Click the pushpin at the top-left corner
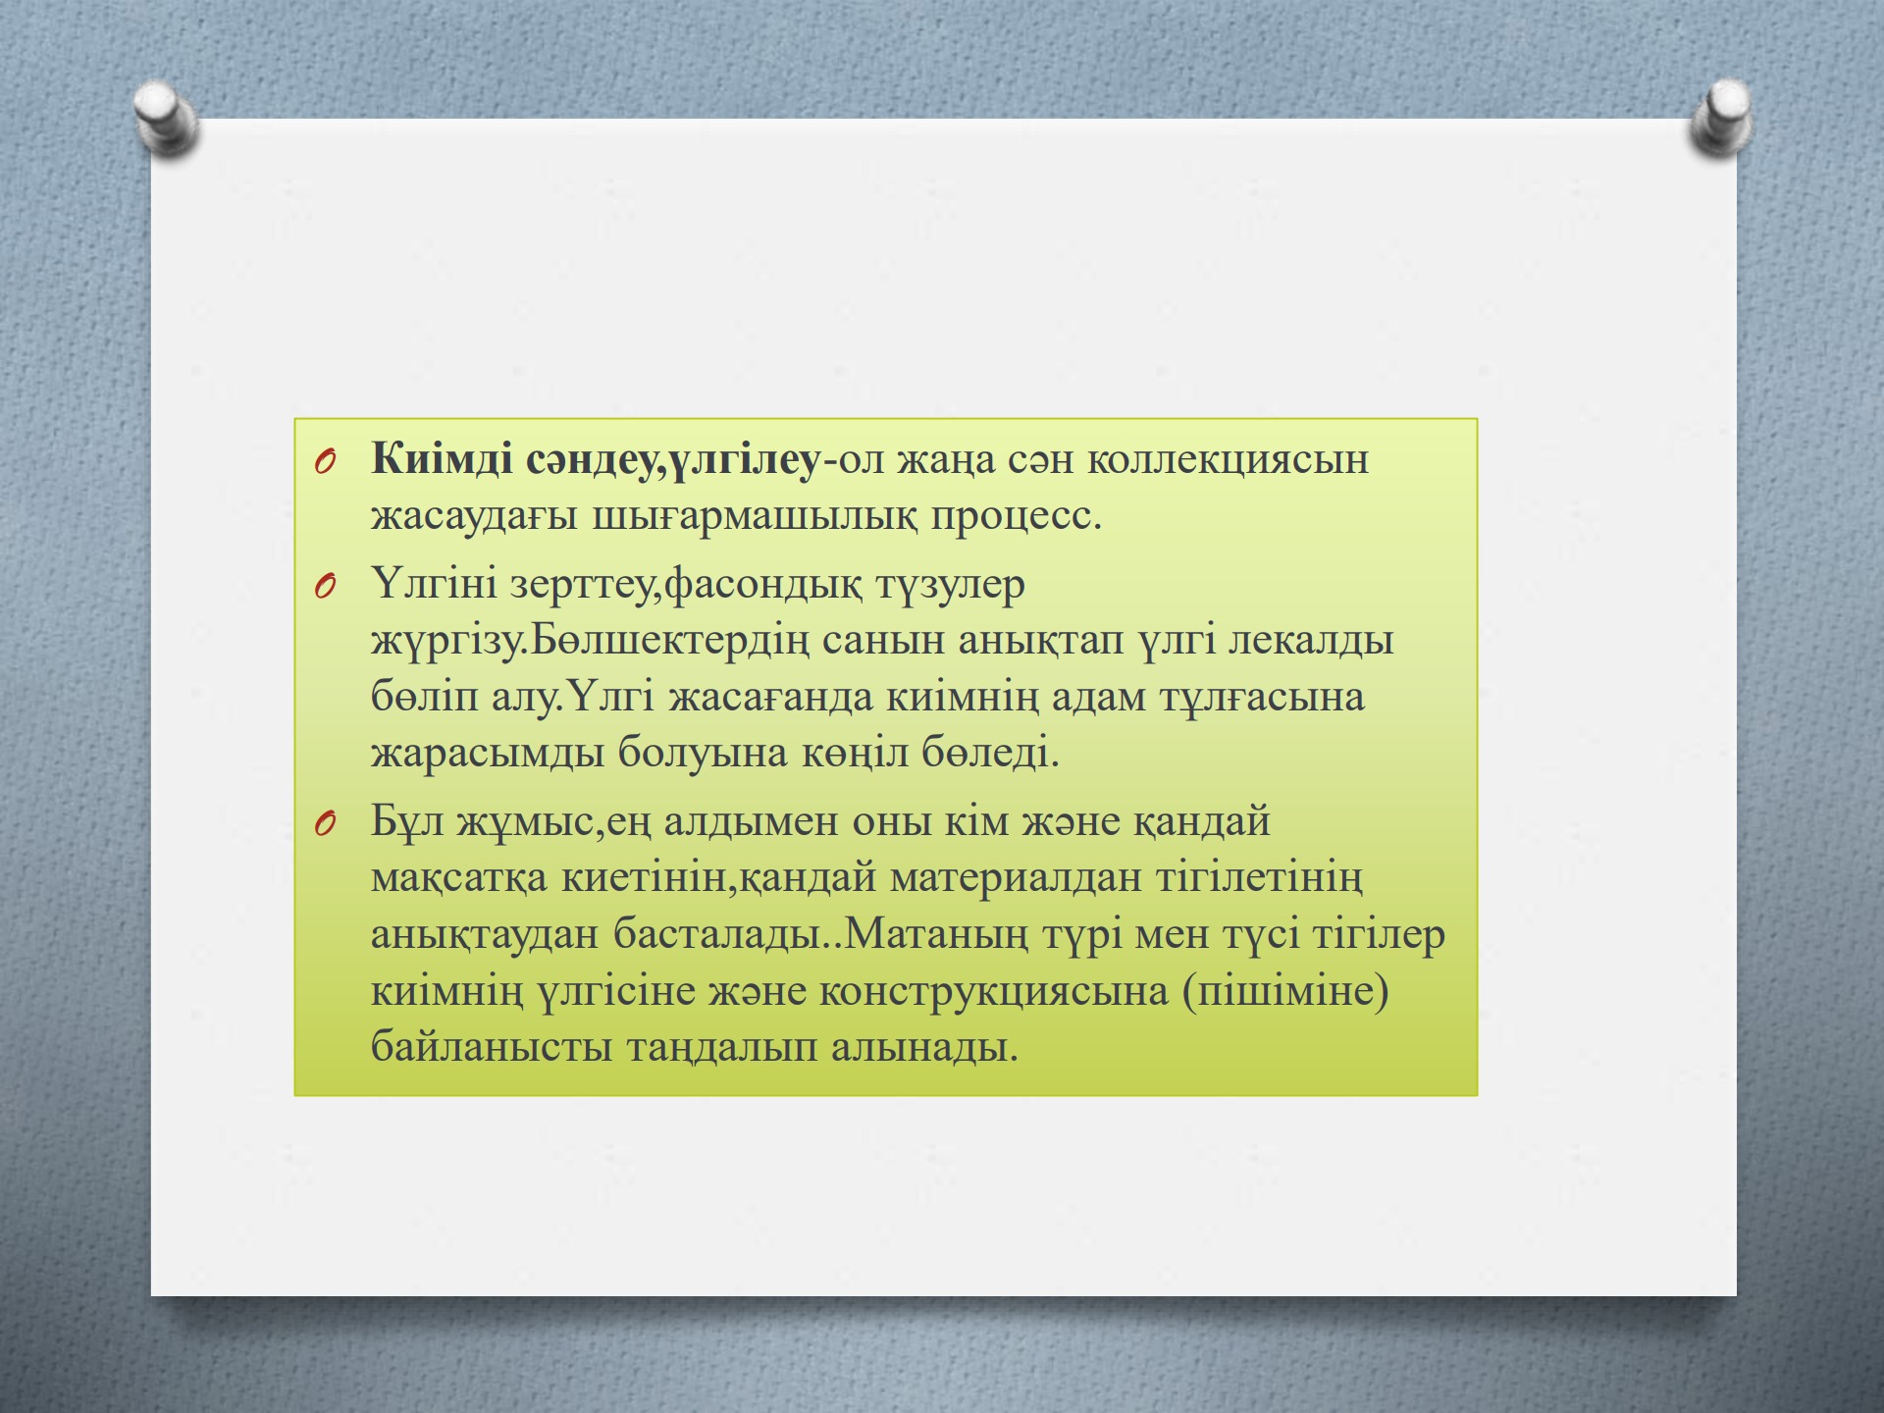click(167, 120)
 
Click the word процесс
click(1017, 516)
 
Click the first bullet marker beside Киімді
click(326, 461)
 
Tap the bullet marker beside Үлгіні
click(326, 587)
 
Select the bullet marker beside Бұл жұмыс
click(326, 823)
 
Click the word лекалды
click(1311, 641)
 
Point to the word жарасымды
click(487, 754)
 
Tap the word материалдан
click(1016, 877)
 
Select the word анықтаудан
click(486, 934)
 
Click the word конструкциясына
click(994, 991)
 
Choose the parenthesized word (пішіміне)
click(1286, 991)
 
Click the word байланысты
click(492, 1047)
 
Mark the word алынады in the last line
click(924, 1047)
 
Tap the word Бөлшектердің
click(671, 641)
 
